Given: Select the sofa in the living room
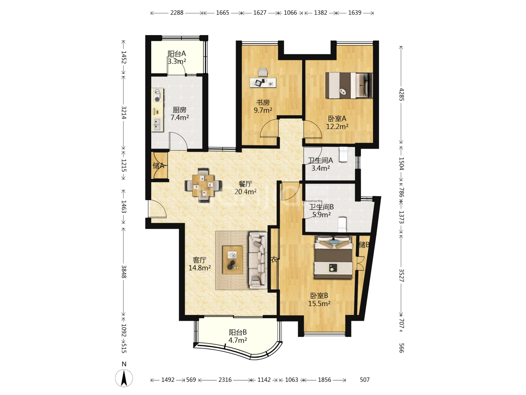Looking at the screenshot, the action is coord(258,260).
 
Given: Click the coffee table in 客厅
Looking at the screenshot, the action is coord(232,260).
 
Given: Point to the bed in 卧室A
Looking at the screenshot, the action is coord(349,85).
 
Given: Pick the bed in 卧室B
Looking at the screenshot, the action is coord(333,257).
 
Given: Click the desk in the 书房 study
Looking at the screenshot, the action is coord(263,83).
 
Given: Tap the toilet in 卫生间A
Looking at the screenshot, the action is coord(343,154).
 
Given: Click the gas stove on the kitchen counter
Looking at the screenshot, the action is coord(158,95).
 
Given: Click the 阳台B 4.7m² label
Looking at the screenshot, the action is coord(238,336).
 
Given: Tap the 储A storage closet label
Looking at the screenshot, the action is coord(159,165).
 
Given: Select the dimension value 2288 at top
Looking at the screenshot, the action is coord(177,13).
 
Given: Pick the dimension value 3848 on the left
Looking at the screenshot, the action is coord(124,271).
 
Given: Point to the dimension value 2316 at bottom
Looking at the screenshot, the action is coord(225,380).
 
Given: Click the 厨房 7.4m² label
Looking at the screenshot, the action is coord(179,114).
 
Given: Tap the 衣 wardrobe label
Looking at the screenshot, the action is coord(274,259).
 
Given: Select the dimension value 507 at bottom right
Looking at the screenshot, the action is coord(365,380).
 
